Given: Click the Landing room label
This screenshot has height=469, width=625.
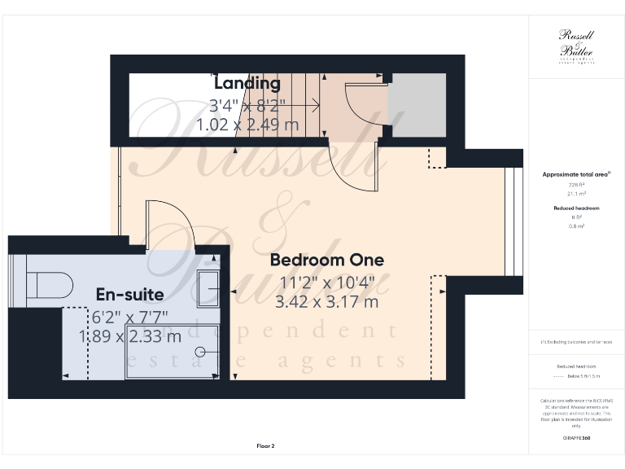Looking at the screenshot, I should click(x=247, y=83).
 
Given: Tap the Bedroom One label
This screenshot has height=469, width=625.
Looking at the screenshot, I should click(x=326, y=261).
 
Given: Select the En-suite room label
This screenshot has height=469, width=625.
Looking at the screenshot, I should click(x=130, y=294).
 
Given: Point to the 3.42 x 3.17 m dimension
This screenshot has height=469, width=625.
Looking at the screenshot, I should click(x=326, y=301).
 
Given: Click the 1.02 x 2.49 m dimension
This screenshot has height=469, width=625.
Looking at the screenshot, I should click(x=247, y=125).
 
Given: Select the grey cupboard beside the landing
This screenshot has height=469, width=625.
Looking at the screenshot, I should click(x=416, y=106).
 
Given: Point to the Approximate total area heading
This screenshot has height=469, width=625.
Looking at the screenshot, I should click(x=576, y=174).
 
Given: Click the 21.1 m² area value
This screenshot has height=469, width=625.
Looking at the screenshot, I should click(x=576, y=194).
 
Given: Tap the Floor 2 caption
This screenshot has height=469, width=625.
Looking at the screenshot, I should click(x=266, y=445).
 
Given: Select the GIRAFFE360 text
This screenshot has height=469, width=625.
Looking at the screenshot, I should click(x=577, y=439).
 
